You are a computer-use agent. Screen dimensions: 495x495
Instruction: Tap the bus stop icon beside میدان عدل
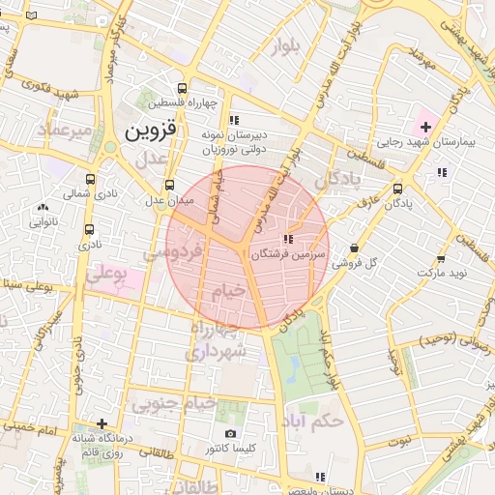click(170, 185)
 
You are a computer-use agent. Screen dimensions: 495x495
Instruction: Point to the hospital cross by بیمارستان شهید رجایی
click(424, 127)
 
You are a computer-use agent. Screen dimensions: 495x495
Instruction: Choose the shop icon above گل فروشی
click(354, 247)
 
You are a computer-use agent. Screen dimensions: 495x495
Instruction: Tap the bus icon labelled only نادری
click(89, 230)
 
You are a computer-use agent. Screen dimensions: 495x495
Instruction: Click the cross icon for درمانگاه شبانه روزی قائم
click(102, 422)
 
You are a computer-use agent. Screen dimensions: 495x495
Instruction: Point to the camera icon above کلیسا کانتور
click(230, 433)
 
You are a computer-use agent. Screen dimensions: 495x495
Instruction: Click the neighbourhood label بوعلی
click(108, 276)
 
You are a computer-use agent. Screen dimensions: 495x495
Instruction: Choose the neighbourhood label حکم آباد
click(317, 421)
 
